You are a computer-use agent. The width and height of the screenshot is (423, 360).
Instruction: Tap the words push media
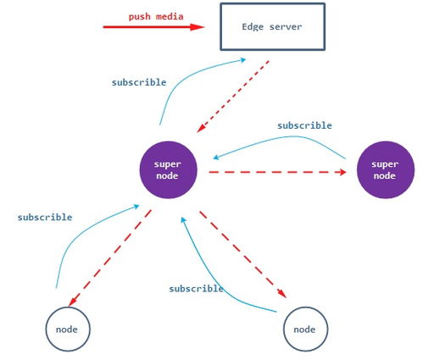[156, 17]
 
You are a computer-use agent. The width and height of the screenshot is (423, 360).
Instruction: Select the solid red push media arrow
[153, 27]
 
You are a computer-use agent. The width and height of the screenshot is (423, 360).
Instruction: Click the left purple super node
[168, 169]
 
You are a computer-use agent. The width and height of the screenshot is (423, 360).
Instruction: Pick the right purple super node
[386, 169]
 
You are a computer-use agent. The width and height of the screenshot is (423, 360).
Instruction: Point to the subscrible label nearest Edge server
[139, 82]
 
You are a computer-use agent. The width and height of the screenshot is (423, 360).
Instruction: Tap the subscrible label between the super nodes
[304, 125]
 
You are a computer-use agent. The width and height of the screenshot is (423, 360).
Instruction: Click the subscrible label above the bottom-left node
[45, 217]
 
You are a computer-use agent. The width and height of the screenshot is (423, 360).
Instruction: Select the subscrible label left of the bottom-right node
[197, 289]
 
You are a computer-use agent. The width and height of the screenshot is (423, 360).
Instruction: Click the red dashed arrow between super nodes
[277, 172]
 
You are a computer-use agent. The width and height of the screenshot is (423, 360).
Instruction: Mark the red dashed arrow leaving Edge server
[233, 97]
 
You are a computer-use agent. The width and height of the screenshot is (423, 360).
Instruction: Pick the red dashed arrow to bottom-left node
[109, 258]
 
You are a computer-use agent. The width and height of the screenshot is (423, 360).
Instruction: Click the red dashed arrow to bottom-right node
[243, 254]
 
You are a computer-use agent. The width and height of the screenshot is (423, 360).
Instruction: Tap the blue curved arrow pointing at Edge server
[184, 79]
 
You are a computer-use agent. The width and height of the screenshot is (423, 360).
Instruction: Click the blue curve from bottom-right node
[214, 285]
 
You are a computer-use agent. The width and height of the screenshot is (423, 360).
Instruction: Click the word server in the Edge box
[286, 27]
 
